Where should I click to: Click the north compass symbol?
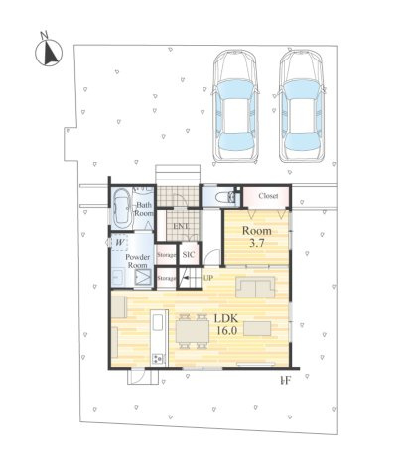[x=47, y=51]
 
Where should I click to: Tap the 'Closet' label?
[x=268, y=196]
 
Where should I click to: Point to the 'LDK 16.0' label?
[x=225, y=323]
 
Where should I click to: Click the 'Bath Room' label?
[x=144, y=209]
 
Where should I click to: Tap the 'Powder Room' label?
[x=137, y=262]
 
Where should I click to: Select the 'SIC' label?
[x=189, y=255]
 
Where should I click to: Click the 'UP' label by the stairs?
[x=207, y=278]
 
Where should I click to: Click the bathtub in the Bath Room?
[x=120, y=209]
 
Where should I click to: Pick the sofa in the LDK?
[x=257, y=288]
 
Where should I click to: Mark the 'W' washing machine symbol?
[x=119, y=241]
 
